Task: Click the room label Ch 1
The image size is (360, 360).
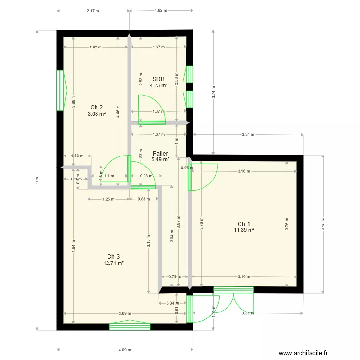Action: click(244, 224)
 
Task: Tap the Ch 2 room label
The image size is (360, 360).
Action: click(96, 108)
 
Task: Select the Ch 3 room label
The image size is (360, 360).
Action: click(114, 256)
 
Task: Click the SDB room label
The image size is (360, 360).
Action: click(158, 79)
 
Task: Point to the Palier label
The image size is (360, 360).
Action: click(160, 153)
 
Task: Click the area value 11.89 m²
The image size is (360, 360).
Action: click(244, 230)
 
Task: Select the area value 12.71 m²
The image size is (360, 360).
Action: click(114, 263)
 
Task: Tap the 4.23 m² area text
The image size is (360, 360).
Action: click(158, 86)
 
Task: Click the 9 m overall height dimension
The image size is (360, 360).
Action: click(37, 180)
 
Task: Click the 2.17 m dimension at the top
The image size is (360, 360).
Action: click(93, 10)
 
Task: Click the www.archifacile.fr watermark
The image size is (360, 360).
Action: click(298, 353)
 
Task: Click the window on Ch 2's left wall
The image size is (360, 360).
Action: click(60, 90)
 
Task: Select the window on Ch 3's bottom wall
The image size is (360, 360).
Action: click(130, 326)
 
